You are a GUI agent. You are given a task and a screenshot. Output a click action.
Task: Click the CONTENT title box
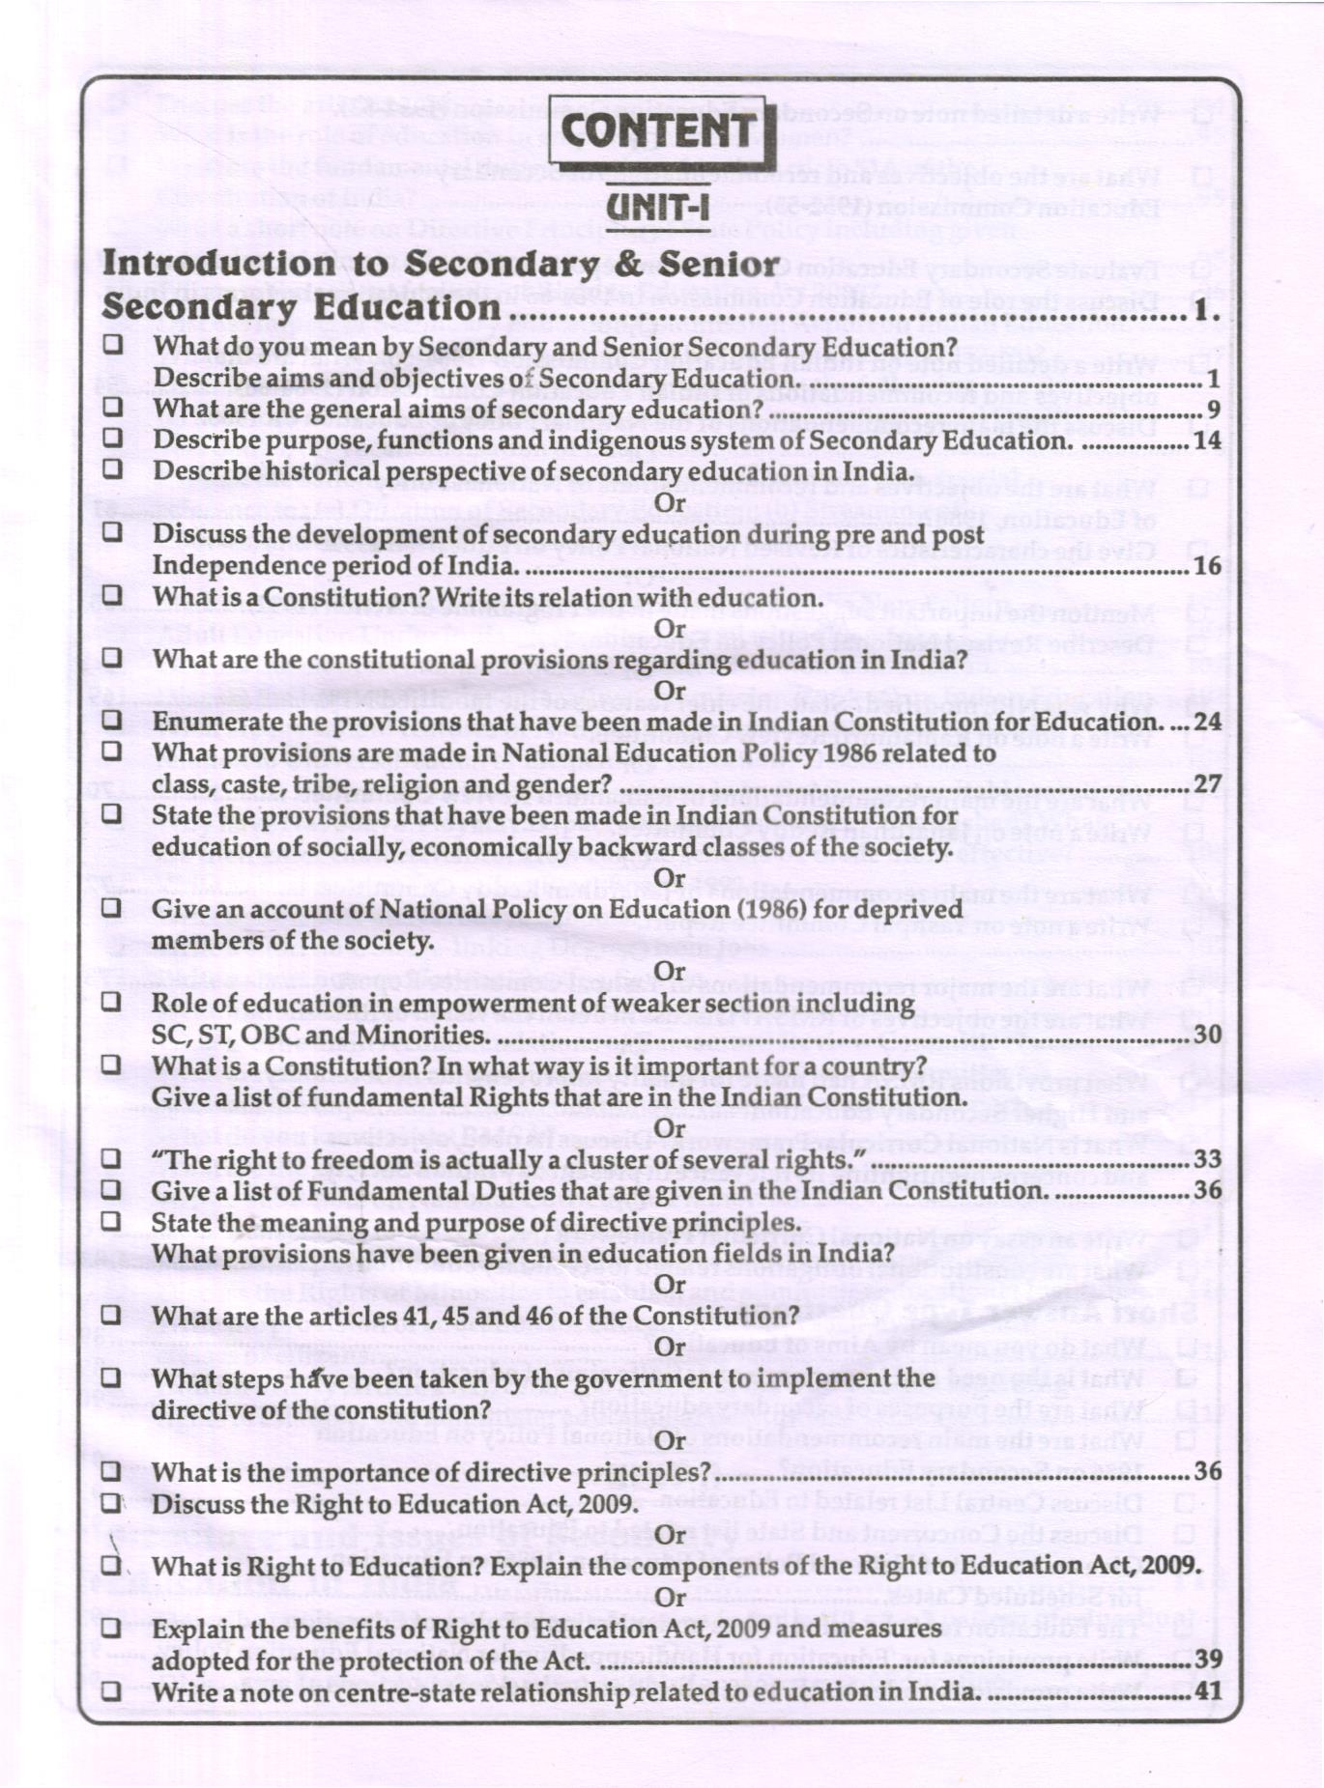click(661, 131)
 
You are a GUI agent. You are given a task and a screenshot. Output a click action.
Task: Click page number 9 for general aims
click(1213, 411)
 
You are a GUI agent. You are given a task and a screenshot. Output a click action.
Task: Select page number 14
click(1207, 441)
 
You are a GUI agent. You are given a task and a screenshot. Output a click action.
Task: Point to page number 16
click(1207, 566)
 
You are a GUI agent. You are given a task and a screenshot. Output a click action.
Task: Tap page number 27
click(1207, 784)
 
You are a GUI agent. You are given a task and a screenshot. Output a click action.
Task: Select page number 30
click(1207, 1035)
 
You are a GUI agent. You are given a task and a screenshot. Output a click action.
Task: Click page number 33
click(1207, 1159)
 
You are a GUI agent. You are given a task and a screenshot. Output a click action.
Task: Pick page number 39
click(1208, 1659)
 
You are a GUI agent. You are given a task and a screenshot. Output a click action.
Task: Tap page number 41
click(1208, 1691)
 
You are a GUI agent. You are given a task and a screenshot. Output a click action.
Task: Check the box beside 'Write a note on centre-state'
click(112, 1690)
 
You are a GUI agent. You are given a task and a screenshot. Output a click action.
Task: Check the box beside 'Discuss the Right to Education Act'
click(112, 1503)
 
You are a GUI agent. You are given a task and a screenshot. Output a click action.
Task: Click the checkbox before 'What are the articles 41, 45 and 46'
click(112, 1315)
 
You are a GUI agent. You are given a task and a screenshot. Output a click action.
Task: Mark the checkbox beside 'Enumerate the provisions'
click(112, 721)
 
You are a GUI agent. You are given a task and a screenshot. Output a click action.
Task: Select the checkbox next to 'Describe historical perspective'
click(112, 470)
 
